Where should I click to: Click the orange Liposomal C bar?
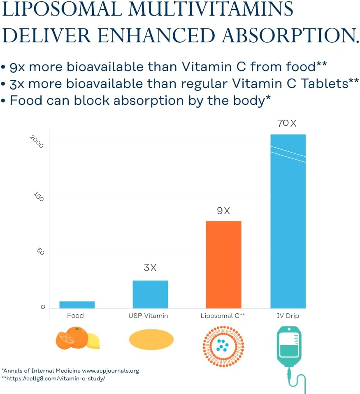point(223,264)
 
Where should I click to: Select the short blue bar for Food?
point(77,305)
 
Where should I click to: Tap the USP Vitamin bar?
point(150,294)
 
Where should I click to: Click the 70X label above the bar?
point(287,123)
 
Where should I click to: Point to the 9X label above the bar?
point(223,211)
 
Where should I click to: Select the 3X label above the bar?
point(150,268)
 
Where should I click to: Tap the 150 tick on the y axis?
point(38,197)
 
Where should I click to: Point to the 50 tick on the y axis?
point(40,251)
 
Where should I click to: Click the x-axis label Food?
point(75,316)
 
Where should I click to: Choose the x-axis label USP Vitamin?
point(148,316)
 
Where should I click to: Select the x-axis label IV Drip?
point(288,316)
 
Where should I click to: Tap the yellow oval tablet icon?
point(151,340)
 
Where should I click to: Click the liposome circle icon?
point(223,345)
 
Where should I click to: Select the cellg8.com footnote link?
point(56,378)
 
